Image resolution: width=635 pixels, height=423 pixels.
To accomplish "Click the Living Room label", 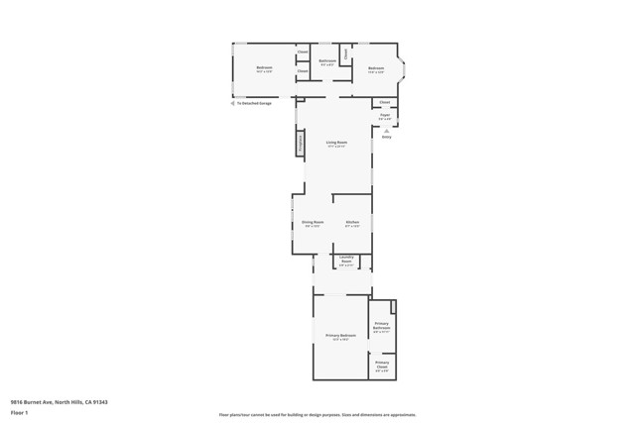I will coord(336,143).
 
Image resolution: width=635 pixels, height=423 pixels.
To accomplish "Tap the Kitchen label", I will coord(352,223).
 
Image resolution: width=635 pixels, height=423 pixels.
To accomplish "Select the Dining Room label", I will coord(313,223).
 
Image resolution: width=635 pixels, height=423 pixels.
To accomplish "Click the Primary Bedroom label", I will coord(340,336).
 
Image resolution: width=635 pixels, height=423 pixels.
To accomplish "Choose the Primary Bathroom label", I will coord(382,326).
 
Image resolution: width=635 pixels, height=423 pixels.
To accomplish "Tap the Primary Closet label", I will coord(382,364).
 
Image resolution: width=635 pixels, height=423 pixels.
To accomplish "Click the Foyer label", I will coord(384,115).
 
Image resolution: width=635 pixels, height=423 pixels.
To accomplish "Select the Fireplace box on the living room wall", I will coord(300,143).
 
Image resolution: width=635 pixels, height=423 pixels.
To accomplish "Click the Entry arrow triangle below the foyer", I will coord(387,129).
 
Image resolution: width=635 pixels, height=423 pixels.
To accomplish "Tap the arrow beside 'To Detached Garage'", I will coord(232,103).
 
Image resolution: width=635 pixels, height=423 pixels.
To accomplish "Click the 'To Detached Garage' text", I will coord(254,103).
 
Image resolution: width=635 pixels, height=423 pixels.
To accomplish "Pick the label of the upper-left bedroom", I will coord(264,68).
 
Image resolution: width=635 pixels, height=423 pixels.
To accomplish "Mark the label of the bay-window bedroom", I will coord(376,68).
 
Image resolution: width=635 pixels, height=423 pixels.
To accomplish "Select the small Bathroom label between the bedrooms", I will coord(327,61).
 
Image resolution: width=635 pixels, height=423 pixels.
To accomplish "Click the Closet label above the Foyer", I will coord(384,102).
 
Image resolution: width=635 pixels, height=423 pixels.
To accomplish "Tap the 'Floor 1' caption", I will coord(19,412).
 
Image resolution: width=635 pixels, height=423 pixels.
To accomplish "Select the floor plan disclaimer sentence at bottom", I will coord(317,415).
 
